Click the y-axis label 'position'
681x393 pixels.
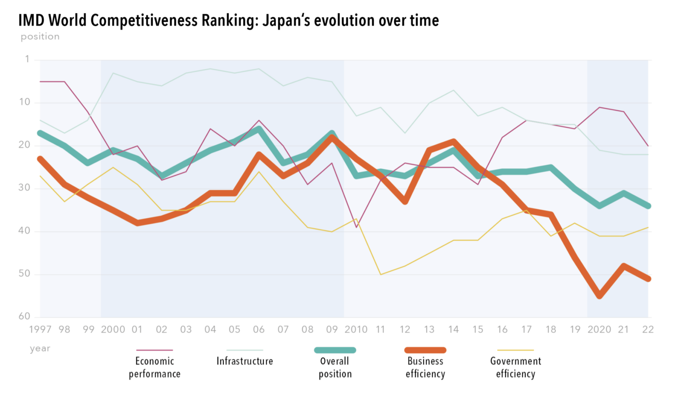(x=40, y=37)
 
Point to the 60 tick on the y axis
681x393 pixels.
(x=24, y=317)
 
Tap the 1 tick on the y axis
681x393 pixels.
(x=27, y=60)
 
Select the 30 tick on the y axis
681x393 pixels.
(x=24, y=188)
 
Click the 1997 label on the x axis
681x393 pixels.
(x=41, y=329)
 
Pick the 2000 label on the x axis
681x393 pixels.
(x=113, y=329)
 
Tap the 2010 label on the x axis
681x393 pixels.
(x=356, y=329)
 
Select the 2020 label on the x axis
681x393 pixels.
(x=599, y=329)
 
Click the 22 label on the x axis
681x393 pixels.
(x=648, y=329)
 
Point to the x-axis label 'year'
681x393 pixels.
(x=40, y=348)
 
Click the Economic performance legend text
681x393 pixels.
(x=154, y=367)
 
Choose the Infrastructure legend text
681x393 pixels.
(x=245, y=361)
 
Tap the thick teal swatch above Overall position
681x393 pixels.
(x=335, y=350)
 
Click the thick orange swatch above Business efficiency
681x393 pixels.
(x=426, y=350)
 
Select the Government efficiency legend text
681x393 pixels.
(x=515, y=367)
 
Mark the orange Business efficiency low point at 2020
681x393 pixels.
(x=599, y=296)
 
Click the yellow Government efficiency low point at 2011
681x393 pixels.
(x=381, y=274)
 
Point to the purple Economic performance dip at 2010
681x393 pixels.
(x=356, y=227)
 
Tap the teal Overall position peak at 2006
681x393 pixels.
(x=259, y=129)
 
